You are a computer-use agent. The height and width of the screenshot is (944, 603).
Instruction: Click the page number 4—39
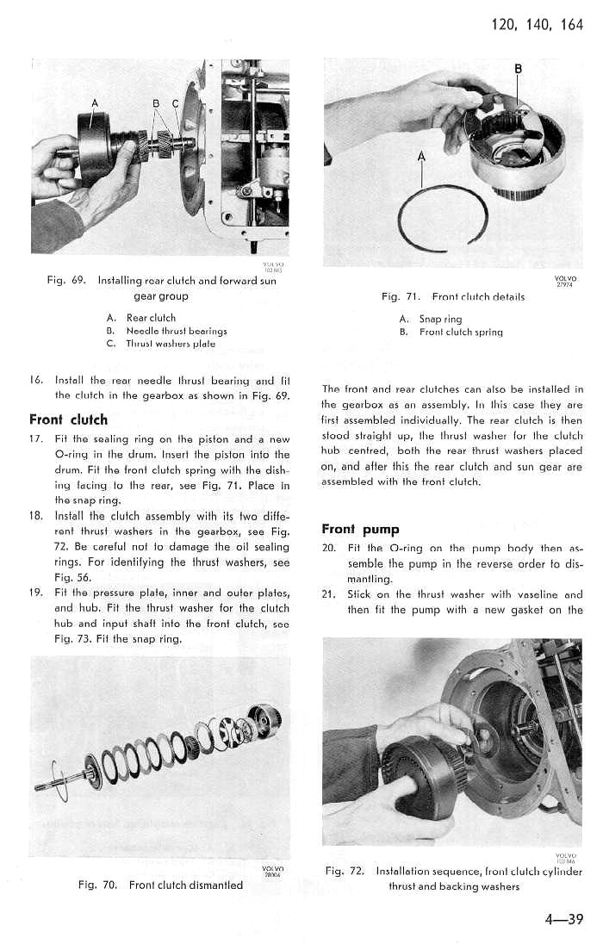pyautogui.click(x=564, y=919)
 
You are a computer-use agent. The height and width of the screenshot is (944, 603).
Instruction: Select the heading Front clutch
pyautogui.click(x=68, y=420)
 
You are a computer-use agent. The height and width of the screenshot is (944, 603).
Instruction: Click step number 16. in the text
pyautogui.click(x=37, y=379)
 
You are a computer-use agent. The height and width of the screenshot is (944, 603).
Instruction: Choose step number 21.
pyautogui.click(x=327, y=594)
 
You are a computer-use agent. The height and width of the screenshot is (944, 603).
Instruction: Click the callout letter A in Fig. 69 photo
pyautogui.click(x=96, y=105)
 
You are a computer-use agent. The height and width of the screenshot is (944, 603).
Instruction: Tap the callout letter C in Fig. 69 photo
pyautogui.click(x=175, y=105)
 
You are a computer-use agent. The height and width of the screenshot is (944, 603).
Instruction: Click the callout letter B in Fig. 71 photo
pyautogui.click(x=518, y=69)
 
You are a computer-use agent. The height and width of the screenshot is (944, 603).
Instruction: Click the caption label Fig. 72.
pyautogui.click(x=346, y=872)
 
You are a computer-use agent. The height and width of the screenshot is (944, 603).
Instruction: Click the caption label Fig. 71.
pyautogui.click(x=400, y=297)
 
